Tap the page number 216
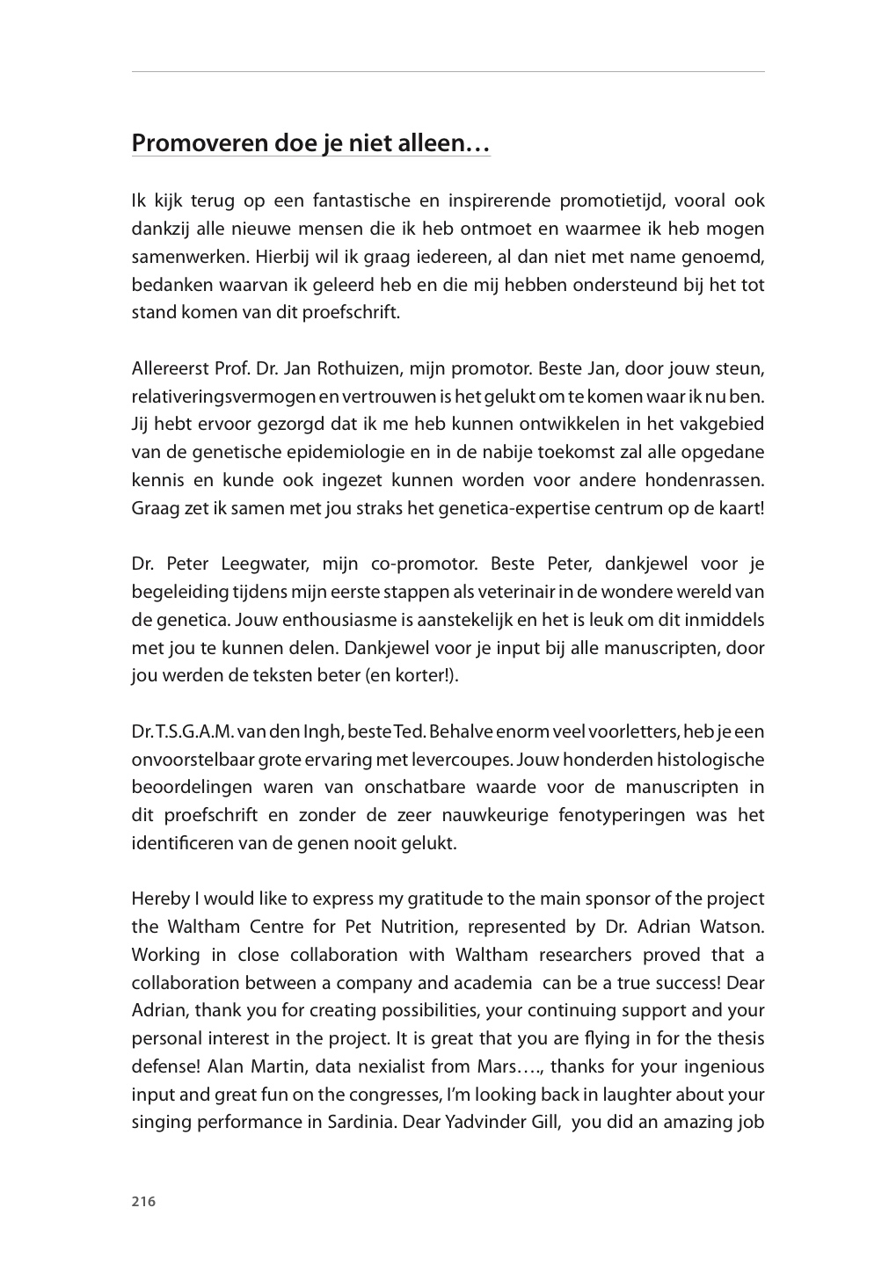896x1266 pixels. click(x=143, y=1202)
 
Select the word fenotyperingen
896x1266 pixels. click(x=622, y=815)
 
